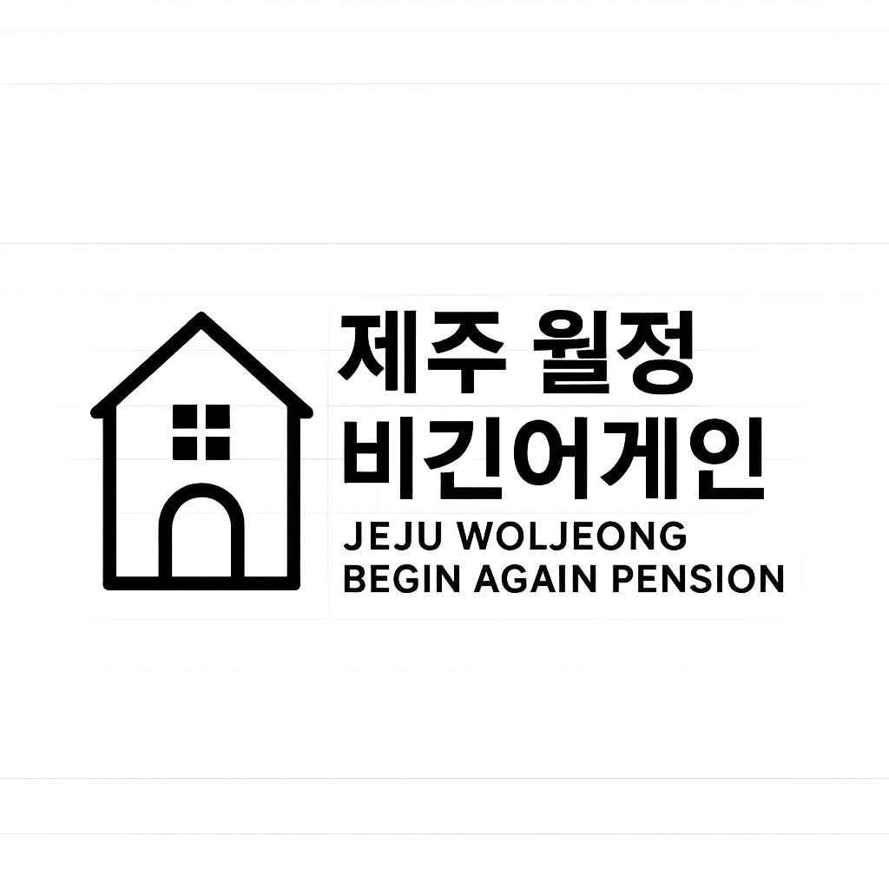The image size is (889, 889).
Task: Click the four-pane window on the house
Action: (x=201, y=431)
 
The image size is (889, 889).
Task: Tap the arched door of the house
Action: (x=201, y=537)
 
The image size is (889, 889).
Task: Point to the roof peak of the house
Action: (x=201, y=319)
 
